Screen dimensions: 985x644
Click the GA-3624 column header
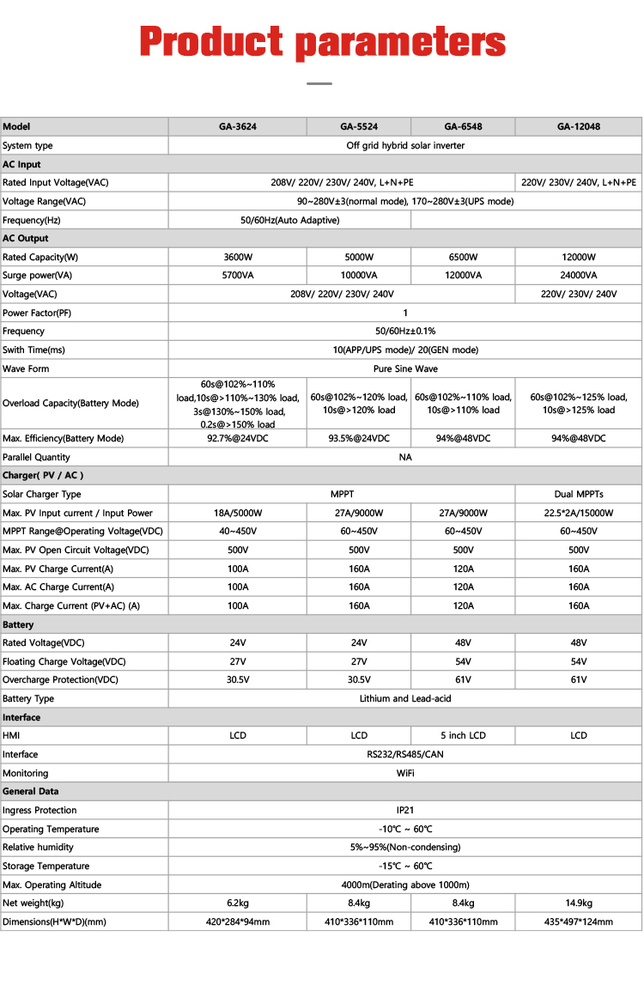[x=237, y=126]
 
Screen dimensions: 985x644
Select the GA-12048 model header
[x=578, y=126]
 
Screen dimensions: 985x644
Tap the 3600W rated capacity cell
[x=237, y=257]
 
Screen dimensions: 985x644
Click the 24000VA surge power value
[x=578, y=275]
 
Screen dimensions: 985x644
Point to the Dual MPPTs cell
[x=578, y=494]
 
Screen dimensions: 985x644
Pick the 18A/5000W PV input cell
[x=237, y=513]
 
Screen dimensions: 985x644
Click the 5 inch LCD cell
[x=463, y=735]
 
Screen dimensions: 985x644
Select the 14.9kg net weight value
[x=578, y=903]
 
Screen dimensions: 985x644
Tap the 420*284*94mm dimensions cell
[x=237, y=921]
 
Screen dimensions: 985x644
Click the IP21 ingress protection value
[x=404, y=810]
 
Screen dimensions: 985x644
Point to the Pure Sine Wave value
[x=404, y=368]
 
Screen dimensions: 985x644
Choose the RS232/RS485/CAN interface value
[x=404, y=754]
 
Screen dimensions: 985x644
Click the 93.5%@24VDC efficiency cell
[x=359, y=438]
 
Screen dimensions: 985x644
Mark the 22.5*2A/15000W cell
[x=578, y=513]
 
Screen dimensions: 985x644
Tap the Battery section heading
[x=18, y=624]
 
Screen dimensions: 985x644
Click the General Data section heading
[x=31, y=791]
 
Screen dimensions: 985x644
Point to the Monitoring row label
[x=26, y=773]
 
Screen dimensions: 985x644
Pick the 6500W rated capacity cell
[x=463, y=257]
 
